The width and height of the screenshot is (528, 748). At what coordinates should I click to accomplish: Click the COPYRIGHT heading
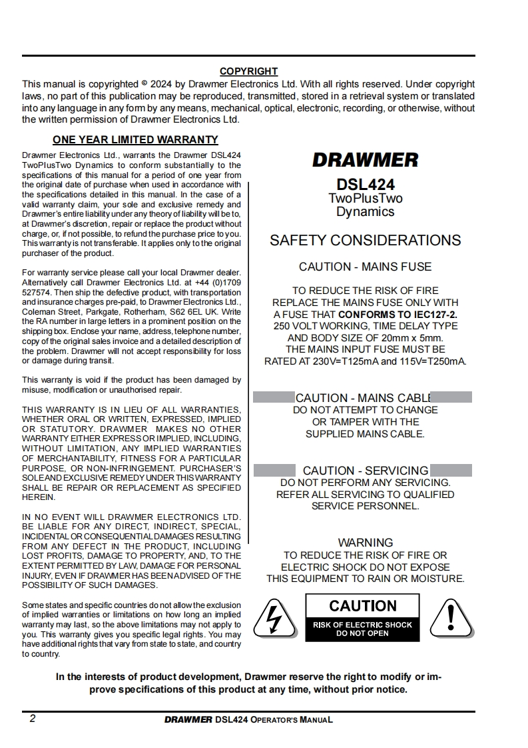pyautogui.click(x=248, y=71)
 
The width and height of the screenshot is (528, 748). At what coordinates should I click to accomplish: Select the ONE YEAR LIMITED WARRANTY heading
pyautogui.click(x=135, y=140)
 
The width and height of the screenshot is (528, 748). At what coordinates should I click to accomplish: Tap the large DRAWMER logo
pyautogui.click(x=365, y=160)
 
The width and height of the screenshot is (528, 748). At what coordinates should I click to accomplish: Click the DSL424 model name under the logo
pyautogui.click(x=365, y=185)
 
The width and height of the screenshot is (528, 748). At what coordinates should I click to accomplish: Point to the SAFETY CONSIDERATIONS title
pyautogui.click(x=365, y=241)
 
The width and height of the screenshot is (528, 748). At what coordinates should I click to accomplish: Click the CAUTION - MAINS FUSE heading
pyautogui.click(x=365, y=267)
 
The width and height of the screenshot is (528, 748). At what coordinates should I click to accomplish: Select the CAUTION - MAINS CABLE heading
pyautogui.click(x=364, y=398)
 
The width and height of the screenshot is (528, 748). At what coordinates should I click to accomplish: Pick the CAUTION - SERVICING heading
pyautogui.click(x=365, y=471)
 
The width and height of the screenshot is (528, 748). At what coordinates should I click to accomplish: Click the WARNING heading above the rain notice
pyautogui.click(x=365, y=543)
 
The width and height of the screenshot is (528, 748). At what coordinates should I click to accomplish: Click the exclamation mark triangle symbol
pyautogui.click(x=451, y=618)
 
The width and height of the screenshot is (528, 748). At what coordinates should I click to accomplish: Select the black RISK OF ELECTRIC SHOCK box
pyautogui.click(x=363, y=629)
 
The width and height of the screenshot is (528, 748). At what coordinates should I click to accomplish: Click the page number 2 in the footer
pyautogui.click(x=33, y=719)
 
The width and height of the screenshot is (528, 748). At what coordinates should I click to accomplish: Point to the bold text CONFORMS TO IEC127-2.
pyautogui.click(x=397, y=314)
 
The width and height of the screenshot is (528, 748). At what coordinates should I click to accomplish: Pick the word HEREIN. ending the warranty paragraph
pyautogui.click(x=39, y=497)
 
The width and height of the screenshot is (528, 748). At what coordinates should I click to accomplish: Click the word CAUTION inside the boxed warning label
pyautogui.click(x=363, y=606)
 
